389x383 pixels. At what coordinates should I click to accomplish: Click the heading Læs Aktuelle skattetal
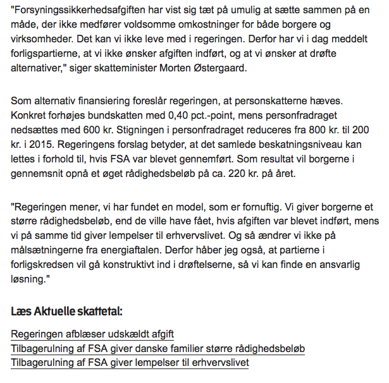(x=67, y=312)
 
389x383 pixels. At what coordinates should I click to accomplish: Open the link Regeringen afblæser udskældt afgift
(x=92, y=334)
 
